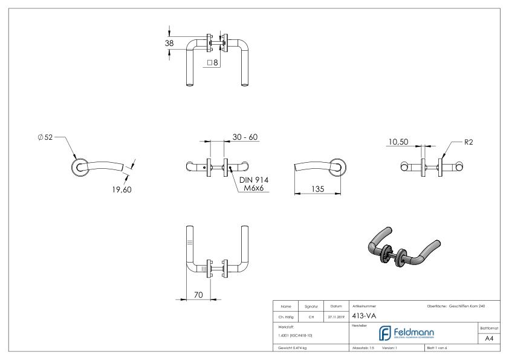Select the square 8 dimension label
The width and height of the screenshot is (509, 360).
pyautogui.click(x=212, y=62)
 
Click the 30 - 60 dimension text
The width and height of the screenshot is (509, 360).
pyautogui.click(x=245, y=137)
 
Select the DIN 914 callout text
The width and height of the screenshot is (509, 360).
pyautogui.click(x=254, y=180)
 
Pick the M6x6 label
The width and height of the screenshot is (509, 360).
pyautogui.click(x=254, y=189)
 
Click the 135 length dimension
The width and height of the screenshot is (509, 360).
pyautogui.click(x=317, y=189)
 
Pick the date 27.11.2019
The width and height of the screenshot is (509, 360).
pyautogui.click(x=335, y=315)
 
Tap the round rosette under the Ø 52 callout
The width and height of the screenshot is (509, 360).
pyautogui.click(x=79, y=169)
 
